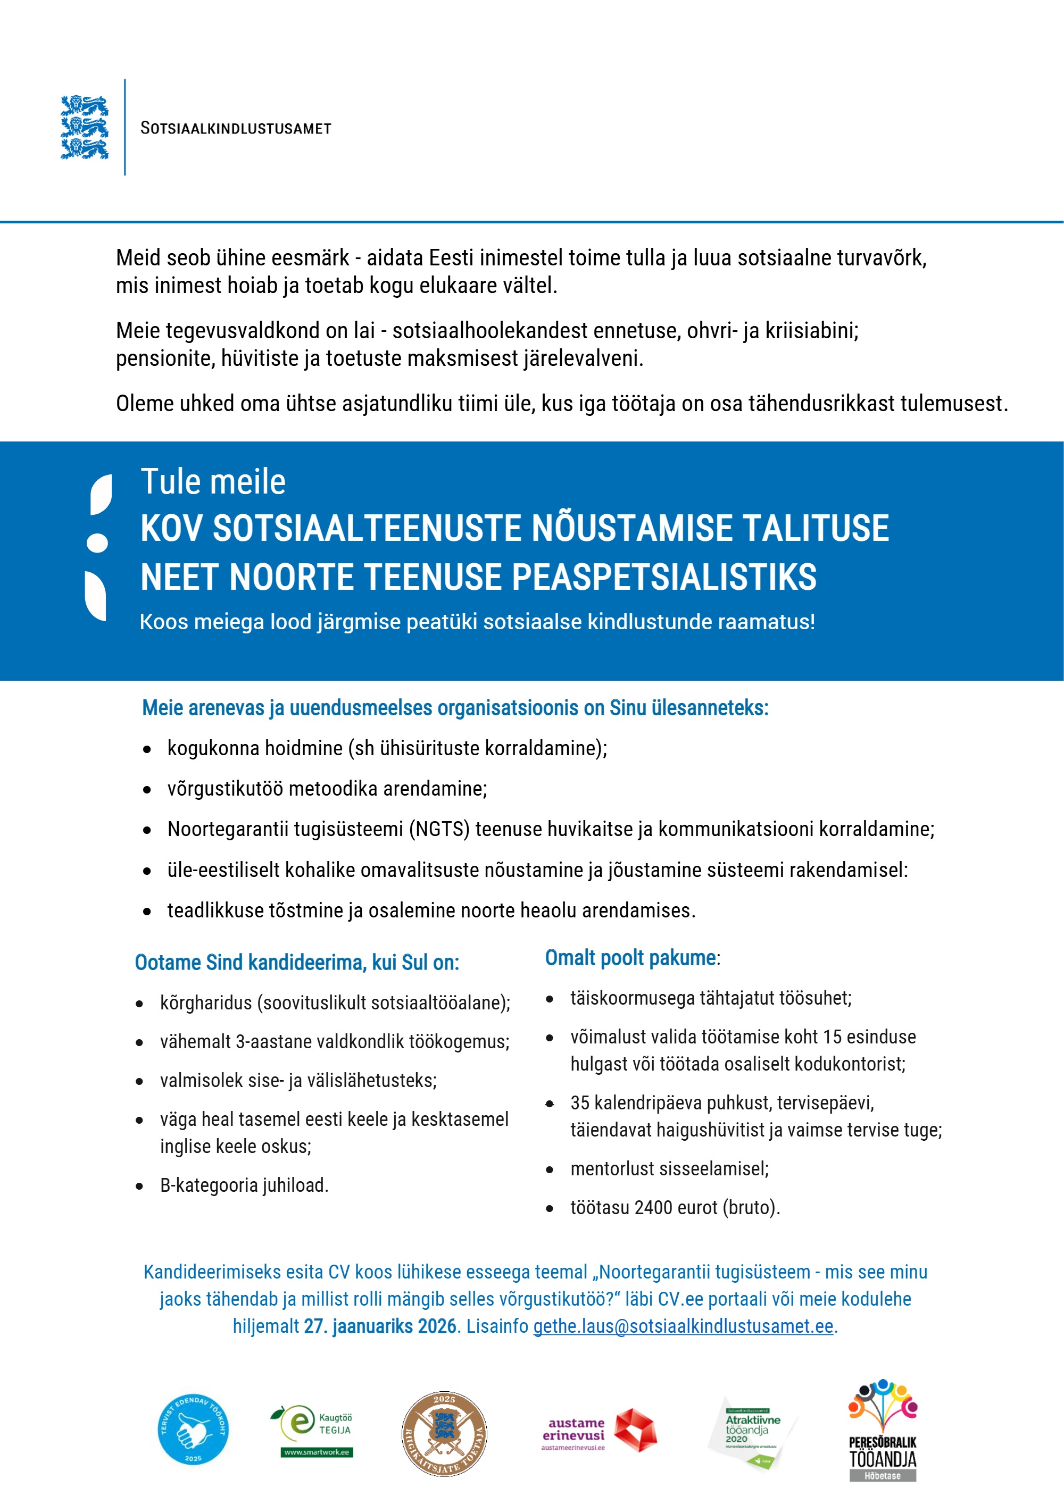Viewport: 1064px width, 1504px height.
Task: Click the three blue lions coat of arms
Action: (x=85, y=127)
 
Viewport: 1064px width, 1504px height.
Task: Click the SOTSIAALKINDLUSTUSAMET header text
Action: (x=236, y=128)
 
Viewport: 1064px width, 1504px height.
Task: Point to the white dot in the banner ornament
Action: (x=97, y=542)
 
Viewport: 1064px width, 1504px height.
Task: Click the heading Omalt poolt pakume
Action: (x=630, y=958)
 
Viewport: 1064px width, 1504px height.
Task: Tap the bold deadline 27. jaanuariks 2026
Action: (x=380, y=1326)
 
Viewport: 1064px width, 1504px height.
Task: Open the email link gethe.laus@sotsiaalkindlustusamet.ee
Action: (x=683, y=1326)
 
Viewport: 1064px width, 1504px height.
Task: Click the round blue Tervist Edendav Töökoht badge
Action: (x=193, y=1430)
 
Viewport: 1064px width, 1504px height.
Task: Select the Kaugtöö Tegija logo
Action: (x=312, y=1430)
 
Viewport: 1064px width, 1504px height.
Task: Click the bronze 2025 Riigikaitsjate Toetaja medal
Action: (x=444, y=1433)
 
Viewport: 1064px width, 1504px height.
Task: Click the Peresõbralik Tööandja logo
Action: (x=882, y=1430)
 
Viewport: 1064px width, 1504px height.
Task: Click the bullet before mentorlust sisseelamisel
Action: (x=550, y=1169)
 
